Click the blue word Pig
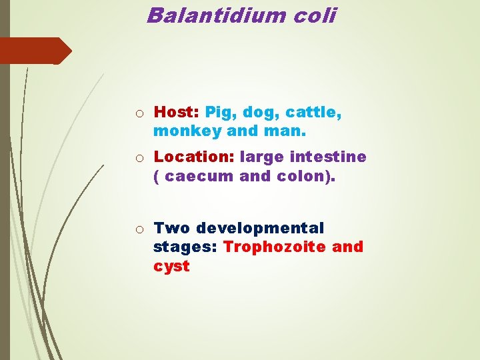coord(220,113)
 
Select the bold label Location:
coord(194,157)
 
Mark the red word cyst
coord(171,266)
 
